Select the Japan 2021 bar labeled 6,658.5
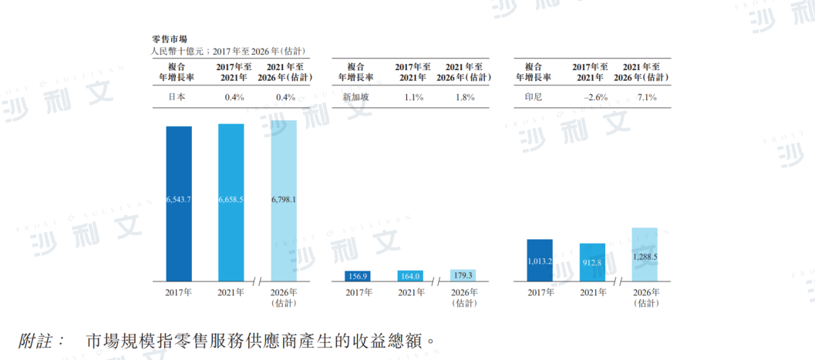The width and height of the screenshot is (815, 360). pyautogui.click(x=231, y=201)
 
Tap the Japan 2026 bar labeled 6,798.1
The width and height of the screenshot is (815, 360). pyautogui.click(x=284, y=200)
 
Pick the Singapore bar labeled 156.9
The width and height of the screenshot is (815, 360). pyautogui.click(x=356, y=276)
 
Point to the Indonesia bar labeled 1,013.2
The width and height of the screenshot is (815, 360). pyautogui.click(x=540, y=260)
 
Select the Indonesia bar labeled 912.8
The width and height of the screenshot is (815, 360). pyautogui.click(x=592, y=262)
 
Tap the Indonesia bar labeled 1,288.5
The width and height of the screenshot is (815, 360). pyautogui.click(x=645, y=254)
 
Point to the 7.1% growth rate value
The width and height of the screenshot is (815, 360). pyautogui.click(x=645, y=98)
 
